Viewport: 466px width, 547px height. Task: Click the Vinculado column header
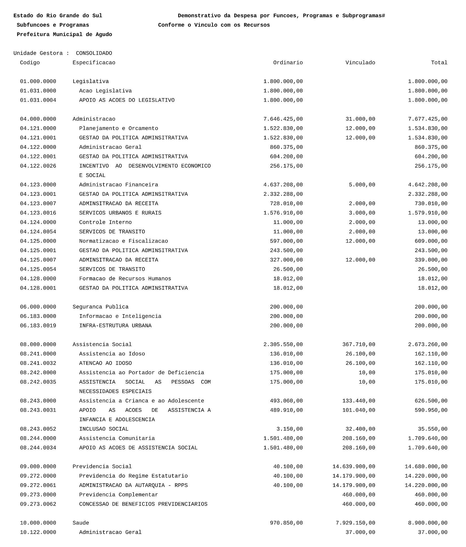[360, 63]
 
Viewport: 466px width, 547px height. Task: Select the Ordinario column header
[288, 63]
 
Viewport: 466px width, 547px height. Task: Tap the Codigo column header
[30, 63]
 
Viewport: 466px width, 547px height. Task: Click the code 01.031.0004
[38, 100]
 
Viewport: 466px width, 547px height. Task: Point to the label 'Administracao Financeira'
[118, 185]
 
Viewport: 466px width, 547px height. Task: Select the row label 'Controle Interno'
[105, 222]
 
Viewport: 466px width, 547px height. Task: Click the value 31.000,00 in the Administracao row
[360, 119]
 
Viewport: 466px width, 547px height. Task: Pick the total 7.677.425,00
[427, 119]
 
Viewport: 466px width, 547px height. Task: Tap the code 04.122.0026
[38, 166]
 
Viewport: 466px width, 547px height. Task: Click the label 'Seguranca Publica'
[100, 307]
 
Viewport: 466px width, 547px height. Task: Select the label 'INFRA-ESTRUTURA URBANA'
[115, 326]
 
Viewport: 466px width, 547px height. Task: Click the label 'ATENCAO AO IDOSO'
[105, 363]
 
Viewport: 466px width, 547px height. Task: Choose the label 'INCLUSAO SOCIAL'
[104, 429]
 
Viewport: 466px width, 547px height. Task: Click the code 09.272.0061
[38, 485]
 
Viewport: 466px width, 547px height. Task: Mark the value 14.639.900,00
[354, 467]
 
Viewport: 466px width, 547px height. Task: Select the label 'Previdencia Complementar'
[118, 495]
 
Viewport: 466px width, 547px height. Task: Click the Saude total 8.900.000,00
[427, 523]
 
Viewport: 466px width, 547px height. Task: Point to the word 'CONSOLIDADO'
[94, 53]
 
